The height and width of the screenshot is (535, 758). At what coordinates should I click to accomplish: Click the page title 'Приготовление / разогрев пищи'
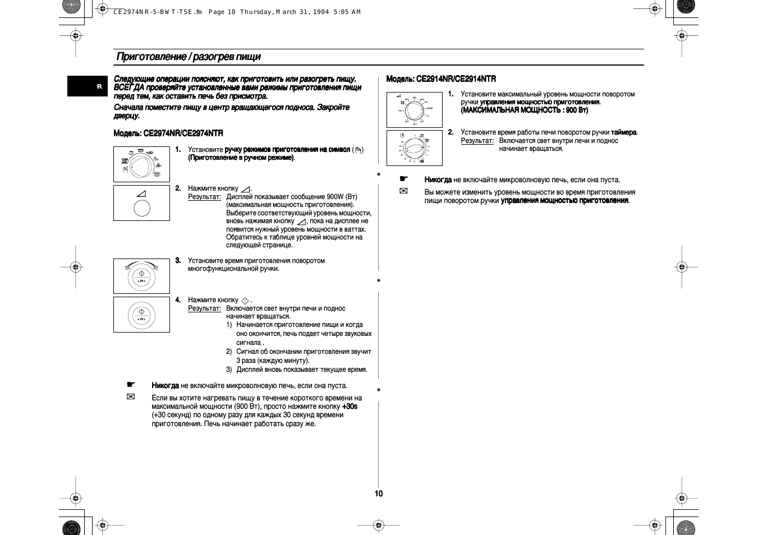188,57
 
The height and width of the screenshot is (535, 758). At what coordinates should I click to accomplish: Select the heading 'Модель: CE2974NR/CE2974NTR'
168,133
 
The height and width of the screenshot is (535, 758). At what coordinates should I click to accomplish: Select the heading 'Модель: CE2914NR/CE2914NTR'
441,79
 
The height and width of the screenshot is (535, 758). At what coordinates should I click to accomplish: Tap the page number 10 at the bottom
379,494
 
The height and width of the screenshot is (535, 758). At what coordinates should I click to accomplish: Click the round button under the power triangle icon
142,208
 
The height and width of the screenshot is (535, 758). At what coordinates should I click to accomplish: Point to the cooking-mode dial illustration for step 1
141,164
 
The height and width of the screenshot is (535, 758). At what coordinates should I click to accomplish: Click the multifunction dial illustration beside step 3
141,276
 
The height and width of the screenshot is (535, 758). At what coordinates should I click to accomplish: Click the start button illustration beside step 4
141,315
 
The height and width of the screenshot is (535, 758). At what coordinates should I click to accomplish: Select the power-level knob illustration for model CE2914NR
414,110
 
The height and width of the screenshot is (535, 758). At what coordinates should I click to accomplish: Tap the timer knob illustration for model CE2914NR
414,148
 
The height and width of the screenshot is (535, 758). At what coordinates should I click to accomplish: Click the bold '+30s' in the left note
350,407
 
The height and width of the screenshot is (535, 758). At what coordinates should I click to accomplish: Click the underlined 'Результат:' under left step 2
204,197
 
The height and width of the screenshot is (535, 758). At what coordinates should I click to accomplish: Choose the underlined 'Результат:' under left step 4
204,308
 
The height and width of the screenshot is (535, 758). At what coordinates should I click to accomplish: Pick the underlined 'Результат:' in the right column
477,141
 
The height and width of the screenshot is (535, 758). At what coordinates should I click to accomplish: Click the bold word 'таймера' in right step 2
623,133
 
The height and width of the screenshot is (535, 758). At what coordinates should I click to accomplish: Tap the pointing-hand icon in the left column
131,385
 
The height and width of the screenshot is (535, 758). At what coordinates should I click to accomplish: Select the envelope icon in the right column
403,191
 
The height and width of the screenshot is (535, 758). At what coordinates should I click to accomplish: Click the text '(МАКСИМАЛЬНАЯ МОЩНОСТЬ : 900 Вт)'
525,110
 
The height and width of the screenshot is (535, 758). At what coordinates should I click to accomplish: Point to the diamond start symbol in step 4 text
245,301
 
